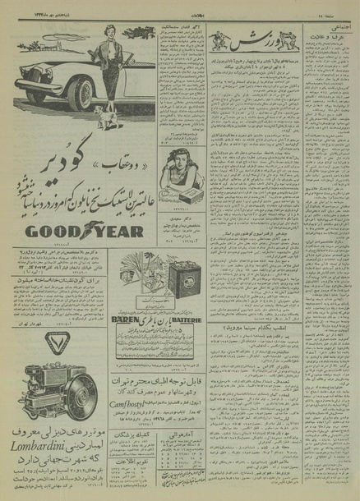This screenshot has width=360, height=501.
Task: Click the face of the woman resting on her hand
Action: (x=176, y=178)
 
